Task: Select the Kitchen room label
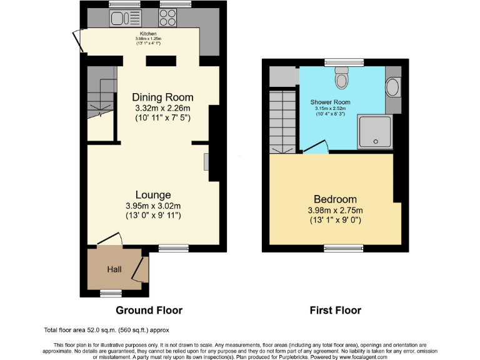pyautogui.click(x=148, y=33)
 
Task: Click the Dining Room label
pyautogui.click(x=162, y=97)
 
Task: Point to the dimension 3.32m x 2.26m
pyautogui.click(x=162, y=107)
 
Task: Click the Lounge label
pyautogui.click(x=152, y=195)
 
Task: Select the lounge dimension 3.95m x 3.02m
pyautogui.click(x=152, y=206)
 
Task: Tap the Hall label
pyautogui.click(x=114, y=269)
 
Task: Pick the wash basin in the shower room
pyautogui.click(x=392, y=87)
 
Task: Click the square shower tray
pyautogui.click(x=374, y=132)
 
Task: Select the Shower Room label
pyautogui.click(x=330, y=102)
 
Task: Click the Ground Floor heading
pyautogui.click(x=149, y=310)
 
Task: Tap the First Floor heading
pyautogui.click(x=336, y=310)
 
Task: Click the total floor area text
pyautogui.click(x=106, y=330)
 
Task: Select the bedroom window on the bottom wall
pyautogui.click(x=344, y=248)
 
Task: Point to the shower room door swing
pyautogui.click(x=317, y=147)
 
